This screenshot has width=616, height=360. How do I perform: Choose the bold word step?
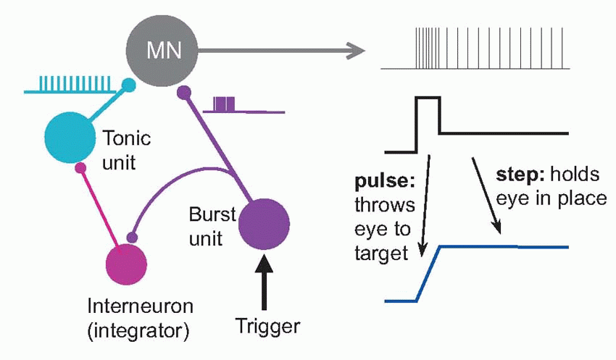pos(515,175)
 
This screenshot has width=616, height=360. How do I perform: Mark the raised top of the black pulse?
pos(428,97)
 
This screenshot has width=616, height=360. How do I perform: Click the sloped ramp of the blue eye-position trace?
pos(428,274)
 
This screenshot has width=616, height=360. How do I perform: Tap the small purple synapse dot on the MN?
pos(184,92)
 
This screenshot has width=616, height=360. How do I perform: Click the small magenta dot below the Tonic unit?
pos(81,169)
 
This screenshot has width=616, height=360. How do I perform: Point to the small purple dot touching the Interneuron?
pos(131,237)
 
